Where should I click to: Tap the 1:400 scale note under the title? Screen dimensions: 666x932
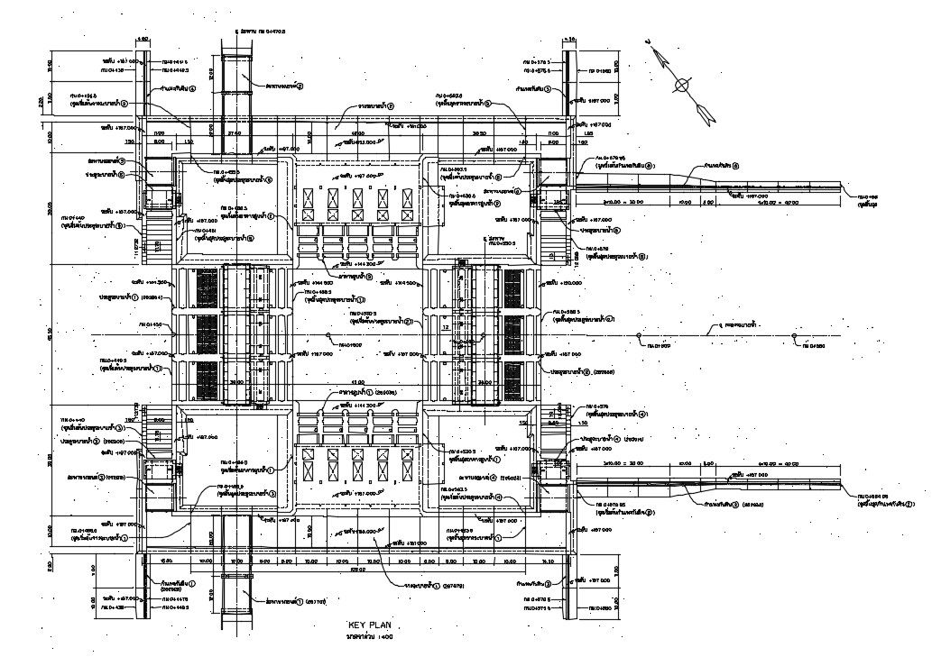pyautogui.click(x=370, y=637)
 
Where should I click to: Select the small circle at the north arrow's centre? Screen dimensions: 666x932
pyautogui.click(x=683, y=86)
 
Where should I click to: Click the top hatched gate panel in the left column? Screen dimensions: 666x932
pyautogui.click(x=207, y=287)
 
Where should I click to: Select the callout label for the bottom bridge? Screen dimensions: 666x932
pyautogui.click(x=289, y=599)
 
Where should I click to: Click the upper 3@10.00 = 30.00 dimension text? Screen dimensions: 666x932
pyautogui.click(x=623, y=204)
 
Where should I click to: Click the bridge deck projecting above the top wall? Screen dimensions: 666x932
pyautogui.click(x=238, y=86)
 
